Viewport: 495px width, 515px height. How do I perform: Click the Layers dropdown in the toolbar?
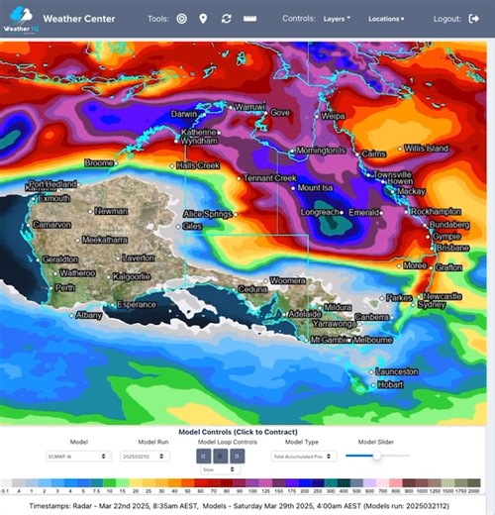(x=337, y=18)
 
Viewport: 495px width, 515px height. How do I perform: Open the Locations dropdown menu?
(x=386, y=18)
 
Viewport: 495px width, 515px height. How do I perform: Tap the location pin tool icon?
(x=203, y=18)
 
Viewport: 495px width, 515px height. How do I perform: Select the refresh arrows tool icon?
(x=227, y=18)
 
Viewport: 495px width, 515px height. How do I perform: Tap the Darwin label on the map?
(x=185, y=114)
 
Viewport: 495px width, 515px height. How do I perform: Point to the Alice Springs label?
(x=208, y=214)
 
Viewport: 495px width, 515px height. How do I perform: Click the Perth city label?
(x=65, y=288)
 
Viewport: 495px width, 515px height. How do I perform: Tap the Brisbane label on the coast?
(x=451, y=248)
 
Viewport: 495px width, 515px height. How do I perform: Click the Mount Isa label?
(x=316, y=187)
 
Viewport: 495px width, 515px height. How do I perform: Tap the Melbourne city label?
(x=373, y=340)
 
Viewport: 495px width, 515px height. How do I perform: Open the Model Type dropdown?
(x=304, y=457)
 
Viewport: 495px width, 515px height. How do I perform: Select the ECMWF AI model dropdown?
(x=90, y=457)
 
